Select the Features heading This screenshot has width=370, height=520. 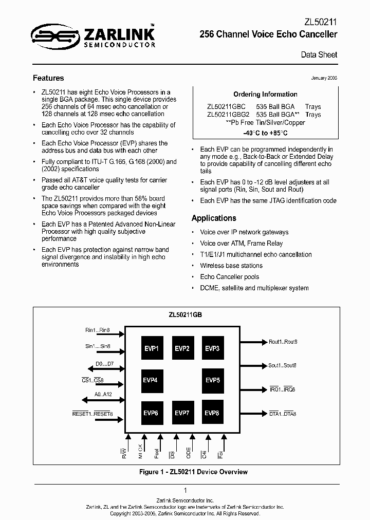48,78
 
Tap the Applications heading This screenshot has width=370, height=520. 214,218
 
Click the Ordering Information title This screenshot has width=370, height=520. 265,94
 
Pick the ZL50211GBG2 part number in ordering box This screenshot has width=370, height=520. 228,115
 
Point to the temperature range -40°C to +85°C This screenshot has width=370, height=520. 265,133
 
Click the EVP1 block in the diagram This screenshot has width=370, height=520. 153,348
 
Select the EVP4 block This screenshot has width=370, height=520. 153,381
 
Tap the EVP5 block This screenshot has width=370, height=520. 213,381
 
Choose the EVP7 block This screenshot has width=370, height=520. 182,413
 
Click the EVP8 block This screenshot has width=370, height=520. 213,413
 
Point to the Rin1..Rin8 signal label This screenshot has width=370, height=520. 98,330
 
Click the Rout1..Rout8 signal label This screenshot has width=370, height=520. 283,342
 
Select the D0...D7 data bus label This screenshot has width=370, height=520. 104,364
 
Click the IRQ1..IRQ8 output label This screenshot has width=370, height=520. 282,389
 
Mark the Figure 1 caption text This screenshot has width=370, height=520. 193,472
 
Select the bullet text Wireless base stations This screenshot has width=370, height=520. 231,266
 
